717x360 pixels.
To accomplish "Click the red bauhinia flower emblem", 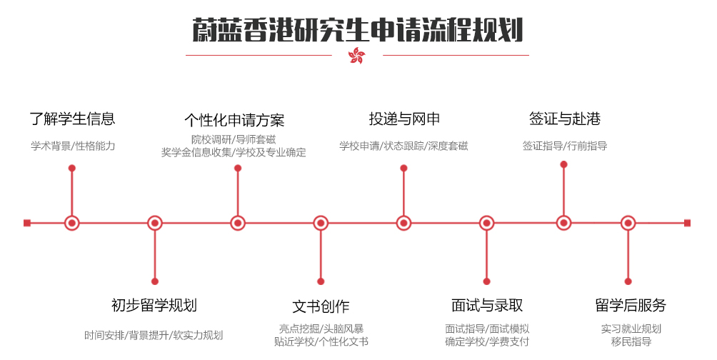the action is [x=356, y=55].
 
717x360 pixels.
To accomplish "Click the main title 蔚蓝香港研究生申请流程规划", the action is [x=357, y=30].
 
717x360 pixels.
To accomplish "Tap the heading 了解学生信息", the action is [x=72, y=119].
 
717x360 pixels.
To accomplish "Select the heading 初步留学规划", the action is [x=154, y=305].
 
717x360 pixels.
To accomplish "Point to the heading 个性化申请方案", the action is [x=234, y=120].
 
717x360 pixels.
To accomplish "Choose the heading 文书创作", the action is [x=321, y=306].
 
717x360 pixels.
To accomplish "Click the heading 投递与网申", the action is [x=404, y=119].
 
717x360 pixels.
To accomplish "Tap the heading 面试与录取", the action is [x=486, y=305].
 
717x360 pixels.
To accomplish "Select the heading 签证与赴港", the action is [x=565, y=119].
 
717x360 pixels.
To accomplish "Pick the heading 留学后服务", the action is [x=631, y=305].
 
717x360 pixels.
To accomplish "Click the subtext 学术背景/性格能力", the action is [x=73, y=146].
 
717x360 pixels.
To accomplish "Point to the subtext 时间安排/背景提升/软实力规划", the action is [x=154, y=335].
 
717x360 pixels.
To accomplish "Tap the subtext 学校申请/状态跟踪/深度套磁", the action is [x=403, y=146].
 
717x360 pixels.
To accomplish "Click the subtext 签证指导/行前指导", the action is [x=565, y=146].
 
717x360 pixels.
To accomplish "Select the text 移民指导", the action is [x=631, y=341].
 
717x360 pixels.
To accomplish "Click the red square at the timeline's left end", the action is [x=27, y=224].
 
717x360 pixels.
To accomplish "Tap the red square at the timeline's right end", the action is [x=687, y=224].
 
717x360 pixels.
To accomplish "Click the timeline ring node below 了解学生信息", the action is [x=72, y=224].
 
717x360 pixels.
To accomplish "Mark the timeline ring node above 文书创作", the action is [x=321, y=224].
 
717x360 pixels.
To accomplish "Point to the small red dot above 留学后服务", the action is [x=628, y=281].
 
